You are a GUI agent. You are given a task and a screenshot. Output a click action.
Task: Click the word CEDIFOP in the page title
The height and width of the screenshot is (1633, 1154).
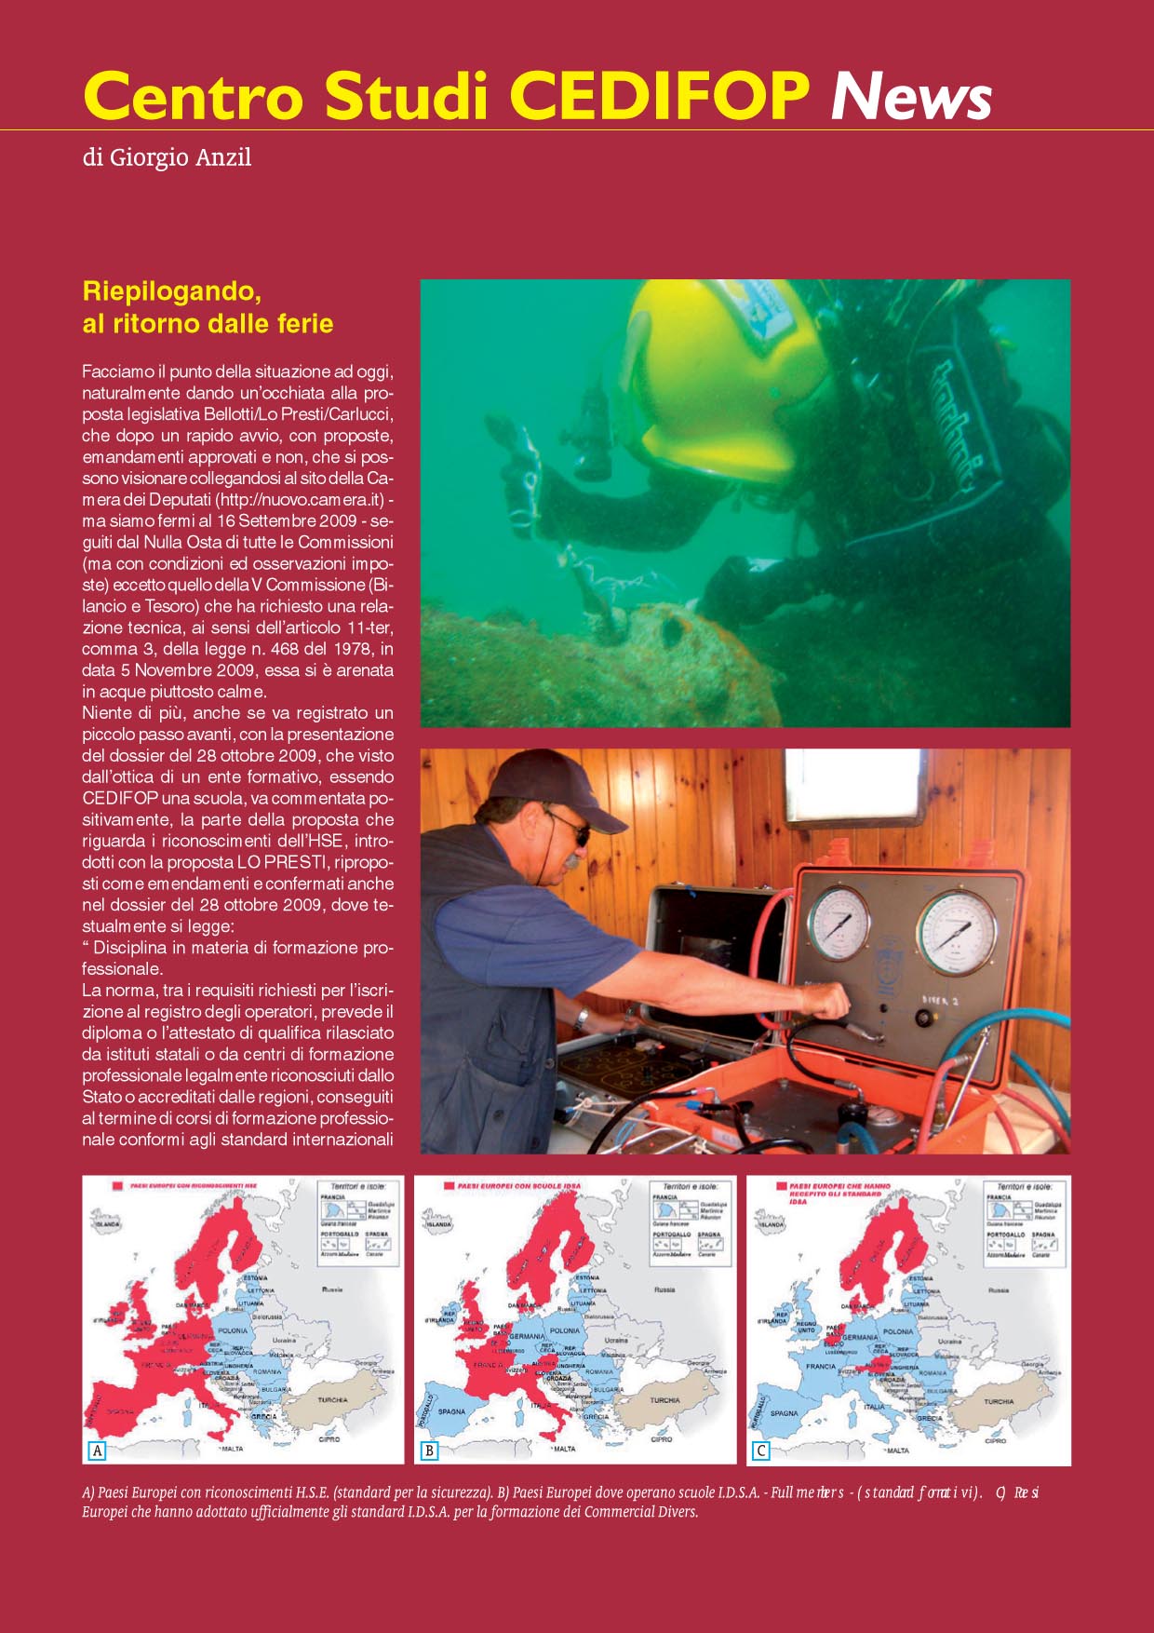click(660, 96)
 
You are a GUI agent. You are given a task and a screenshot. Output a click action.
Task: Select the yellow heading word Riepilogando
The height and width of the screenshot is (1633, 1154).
click(170, 291)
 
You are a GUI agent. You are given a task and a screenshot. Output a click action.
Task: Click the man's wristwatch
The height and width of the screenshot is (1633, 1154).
click(582, 1018)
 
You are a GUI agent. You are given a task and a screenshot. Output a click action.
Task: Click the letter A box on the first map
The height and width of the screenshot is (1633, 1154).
click(97, 1450)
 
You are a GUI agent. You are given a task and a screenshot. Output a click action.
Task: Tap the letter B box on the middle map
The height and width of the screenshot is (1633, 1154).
click(429, 1450)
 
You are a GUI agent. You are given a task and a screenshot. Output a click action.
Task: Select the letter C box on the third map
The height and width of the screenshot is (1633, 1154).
click(761, 1450)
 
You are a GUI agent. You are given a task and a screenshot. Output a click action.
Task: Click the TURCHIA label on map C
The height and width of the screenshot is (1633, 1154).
click(999, 1401)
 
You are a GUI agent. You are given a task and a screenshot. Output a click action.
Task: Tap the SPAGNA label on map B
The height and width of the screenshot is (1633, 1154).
click(451, 1411)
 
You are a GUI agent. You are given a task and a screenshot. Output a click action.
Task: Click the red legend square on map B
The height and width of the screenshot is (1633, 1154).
click(449, 1187)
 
